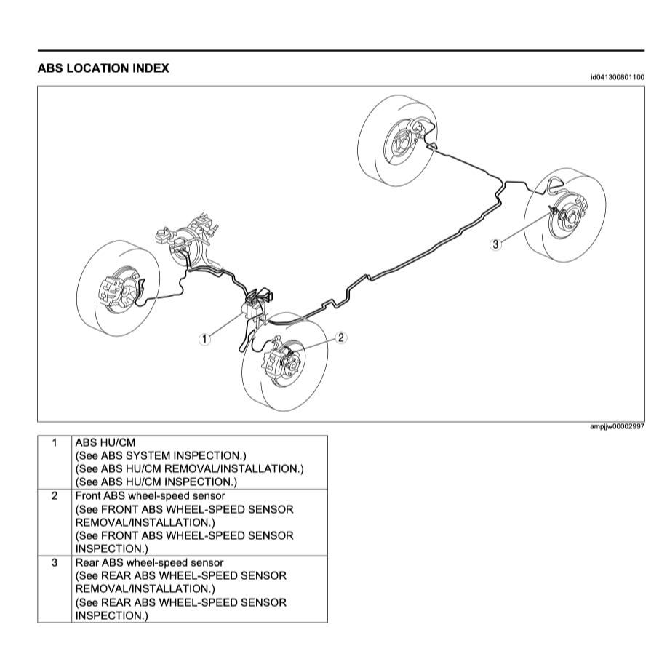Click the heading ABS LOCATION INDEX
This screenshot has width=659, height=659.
(x=103, y=68)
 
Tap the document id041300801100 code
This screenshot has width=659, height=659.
(x=617, y=76)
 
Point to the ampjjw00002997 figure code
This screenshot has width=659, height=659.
(x=617, y=427)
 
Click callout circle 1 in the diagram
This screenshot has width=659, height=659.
(x=205, y=338)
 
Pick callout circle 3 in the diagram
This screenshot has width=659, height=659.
(x=495, y=244)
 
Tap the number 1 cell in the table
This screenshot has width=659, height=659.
(x=54, y=442)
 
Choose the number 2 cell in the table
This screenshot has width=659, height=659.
(x=54, y=496)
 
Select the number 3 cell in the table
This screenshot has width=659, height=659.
(x=54, y=562)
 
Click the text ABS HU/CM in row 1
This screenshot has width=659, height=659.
(x=105, y=442)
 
